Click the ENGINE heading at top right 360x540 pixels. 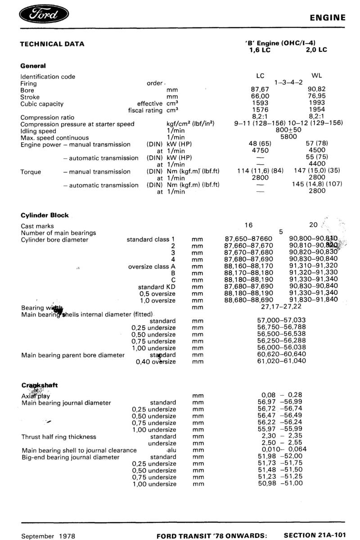pos(328,18)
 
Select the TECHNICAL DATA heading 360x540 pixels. pos(52,44)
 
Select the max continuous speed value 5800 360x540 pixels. pos(288,137)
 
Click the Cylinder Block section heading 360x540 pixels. pos(45,215)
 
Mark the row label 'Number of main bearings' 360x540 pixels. pos(58,233)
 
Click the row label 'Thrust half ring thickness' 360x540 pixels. pos(58,436)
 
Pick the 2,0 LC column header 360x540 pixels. pos(315,50)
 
